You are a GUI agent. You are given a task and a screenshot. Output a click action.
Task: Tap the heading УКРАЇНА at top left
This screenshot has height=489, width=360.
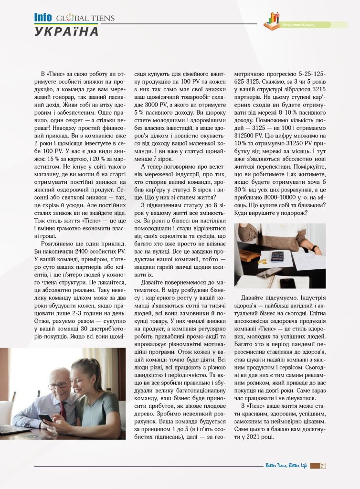click(67, 32)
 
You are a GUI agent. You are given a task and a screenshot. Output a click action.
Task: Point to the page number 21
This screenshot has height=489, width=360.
click(323, 466)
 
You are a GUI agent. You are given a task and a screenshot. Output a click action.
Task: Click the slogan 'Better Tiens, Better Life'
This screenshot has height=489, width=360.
click(286, 466)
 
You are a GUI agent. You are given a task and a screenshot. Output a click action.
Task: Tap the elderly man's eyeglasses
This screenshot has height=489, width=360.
click(59, 384)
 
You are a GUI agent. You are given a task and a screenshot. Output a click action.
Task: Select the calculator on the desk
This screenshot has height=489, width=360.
click(277, 256)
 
